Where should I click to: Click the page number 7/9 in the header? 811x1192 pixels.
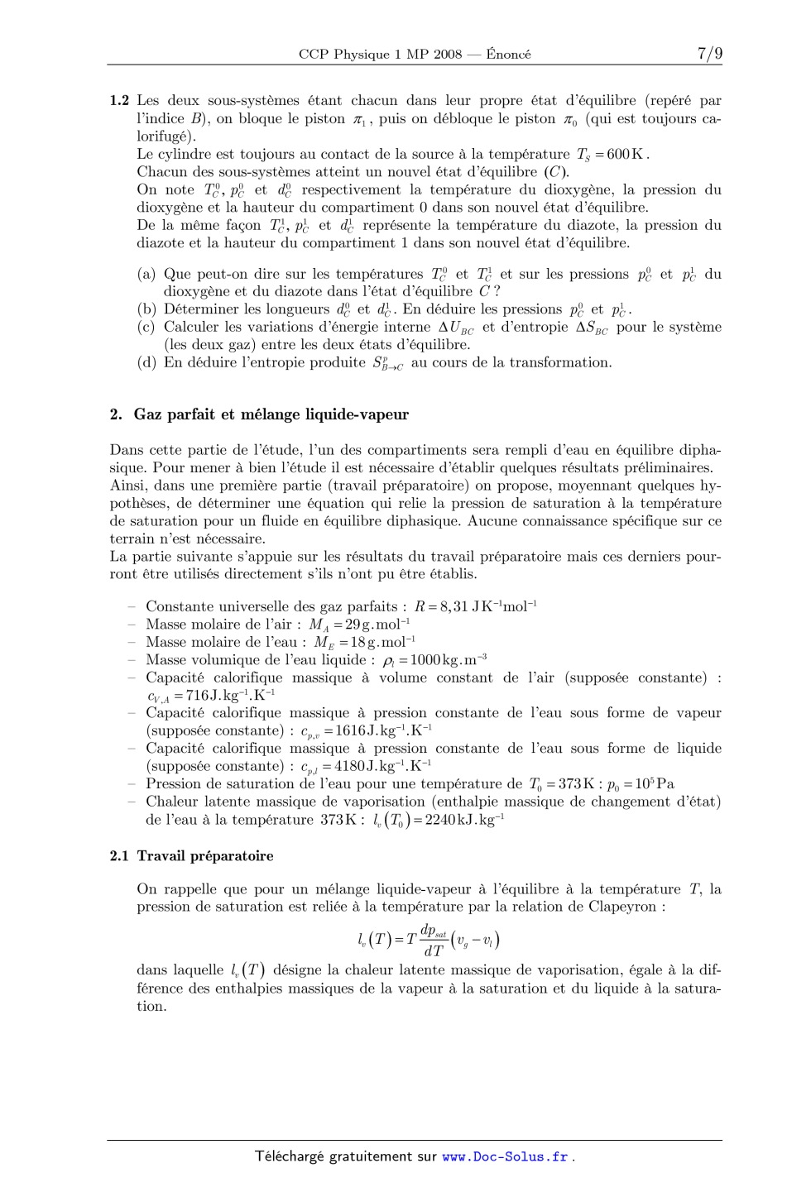coord(709,54)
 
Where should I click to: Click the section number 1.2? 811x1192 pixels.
coord(119,101)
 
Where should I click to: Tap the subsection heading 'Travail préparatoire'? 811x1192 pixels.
coord(205,856)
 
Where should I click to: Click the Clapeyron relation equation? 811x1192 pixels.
coord(428,940)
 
